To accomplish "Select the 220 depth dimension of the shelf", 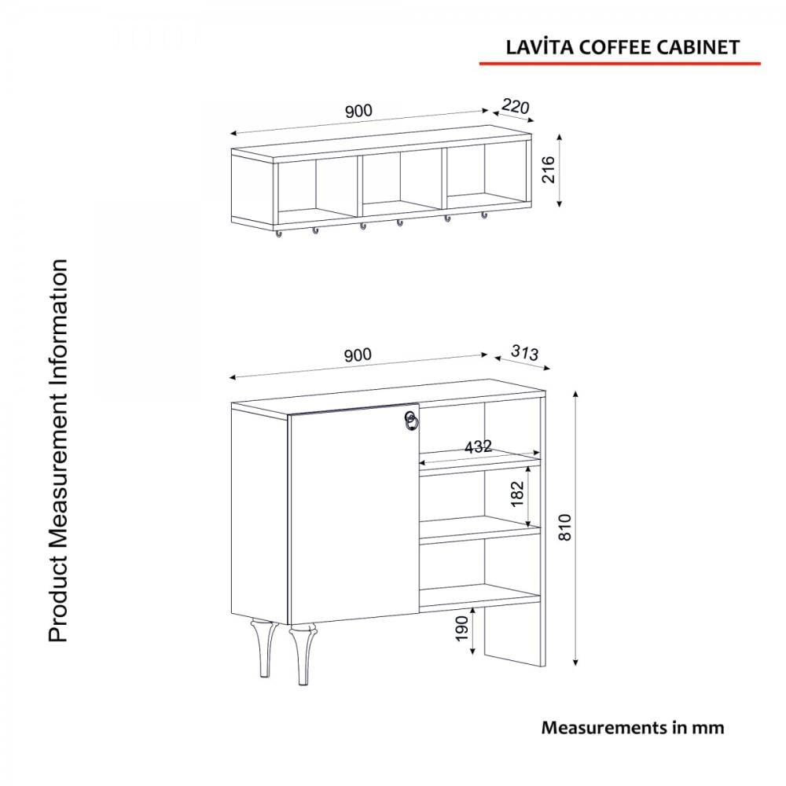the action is (x=516, y=107).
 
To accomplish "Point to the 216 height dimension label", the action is (x=549, y=170).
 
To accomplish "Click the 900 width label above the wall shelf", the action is (x=358, y=111).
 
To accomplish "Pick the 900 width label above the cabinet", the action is (x=358, y=355).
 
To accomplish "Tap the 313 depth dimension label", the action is (x=525, y=352).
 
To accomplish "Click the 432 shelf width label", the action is (x=478, y=446).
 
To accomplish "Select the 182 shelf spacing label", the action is (x=517, y=494).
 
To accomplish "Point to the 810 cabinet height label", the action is (x=565, y=527).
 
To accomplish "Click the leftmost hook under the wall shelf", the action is (x=278, y=233).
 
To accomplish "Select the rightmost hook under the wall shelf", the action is (x=483, y=215).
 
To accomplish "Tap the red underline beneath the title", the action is (x=619, y=64).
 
